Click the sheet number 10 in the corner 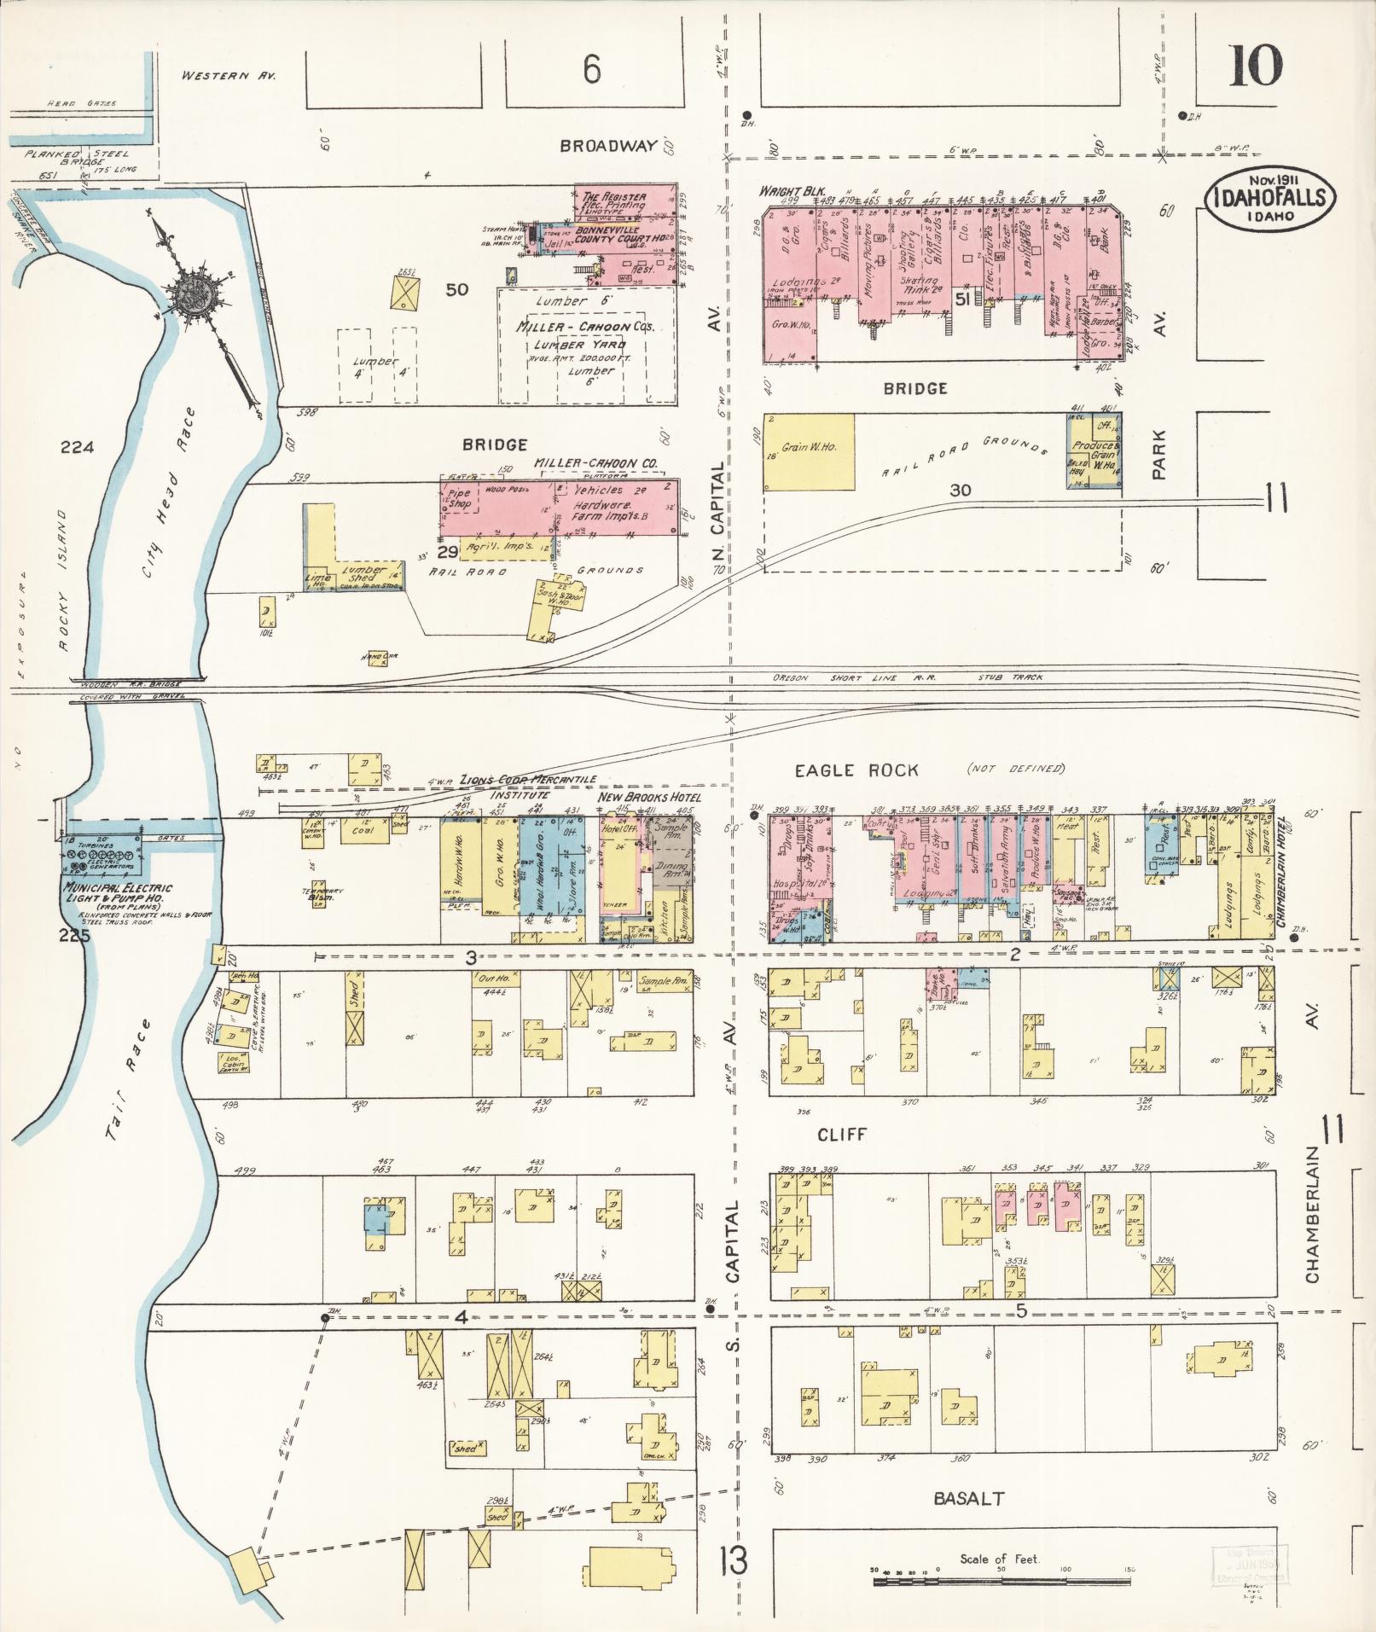click(1255, 66)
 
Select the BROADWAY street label click(608, 146)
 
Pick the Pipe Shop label click(459, 499)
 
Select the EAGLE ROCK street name click(856, 770)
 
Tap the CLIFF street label click(842, 1134)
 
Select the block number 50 click(456, 289)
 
